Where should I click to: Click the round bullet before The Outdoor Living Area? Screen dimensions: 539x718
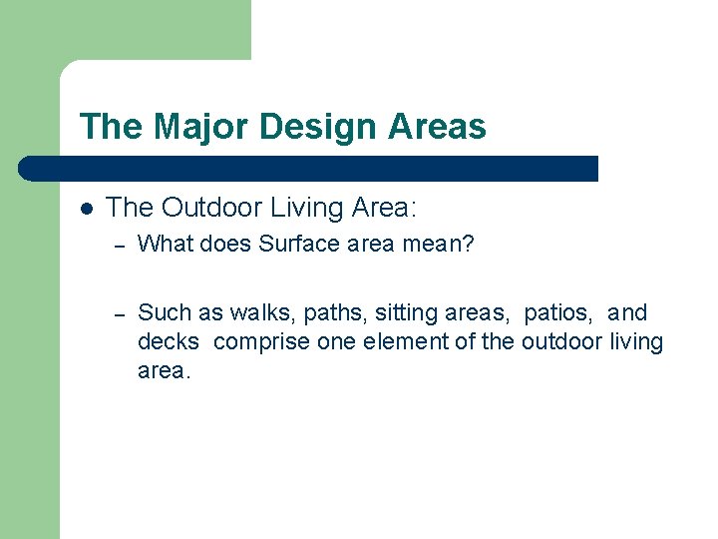pos(87,209)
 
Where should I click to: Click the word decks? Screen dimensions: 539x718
pos(168,342)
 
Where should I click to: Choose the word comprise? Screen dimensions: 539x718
pos(262,342)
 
